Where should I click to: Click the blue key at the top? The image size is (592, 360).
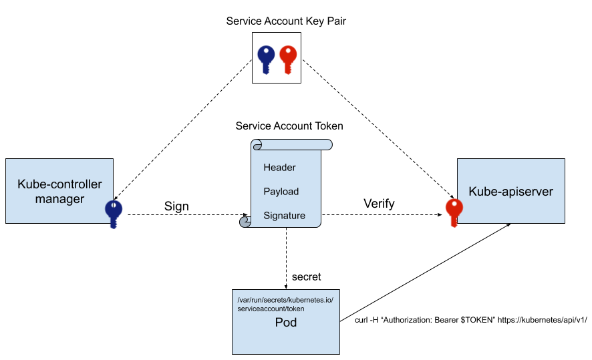click(x=266, y=59)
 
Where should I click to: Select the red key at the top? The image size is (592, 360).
click(x=287, y=59)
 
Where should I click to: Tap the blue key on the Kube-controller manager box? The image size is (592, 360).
click(x=114, y=214)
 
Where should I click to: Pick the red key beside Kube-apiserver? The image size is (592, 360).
click(x=454, y=212)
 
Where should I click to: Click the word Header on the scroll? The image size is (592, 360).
click(x=279, y=168)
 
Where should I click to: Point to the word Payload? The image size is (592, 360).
click(x=281, y=192)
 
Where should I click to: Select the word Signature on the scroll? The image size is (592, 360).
click(x=284, y=216)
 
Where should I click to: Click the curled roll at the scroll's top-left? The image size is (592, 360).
click(x=257, y=146)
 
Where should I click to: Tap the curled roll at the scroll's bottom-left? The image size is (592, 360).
click(x=245, y=222)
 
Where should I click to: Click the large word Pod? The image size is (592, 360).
click(x=285, y=323)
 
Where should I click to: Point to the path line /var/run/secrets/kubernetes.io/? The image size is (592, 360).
click(x=285, y=300)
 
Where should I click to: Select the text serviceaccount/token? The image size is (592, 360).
click(x=271, y=309)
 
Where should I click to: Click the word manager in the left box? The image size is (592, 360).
click(x=59, y=199)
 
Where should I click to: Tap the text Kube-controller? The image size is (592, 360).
click(x=59, y=184)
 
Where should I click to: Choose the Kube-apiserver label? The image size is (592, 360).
click(x=510, y=192)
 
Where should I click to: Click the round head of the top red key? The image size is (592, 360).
click(x=287, y=53)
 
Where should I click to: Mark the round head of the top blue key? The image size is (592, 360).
click(x=266, y=53)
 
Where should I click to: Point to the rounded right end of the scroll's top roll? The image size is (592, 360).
click(x=328, y=145)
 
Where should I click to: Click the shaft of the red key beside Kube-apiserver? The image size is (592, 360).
click(x=454, y=220)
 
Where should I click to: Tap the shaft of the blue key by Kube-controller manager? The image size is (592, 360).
click(x=114, y=222)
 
